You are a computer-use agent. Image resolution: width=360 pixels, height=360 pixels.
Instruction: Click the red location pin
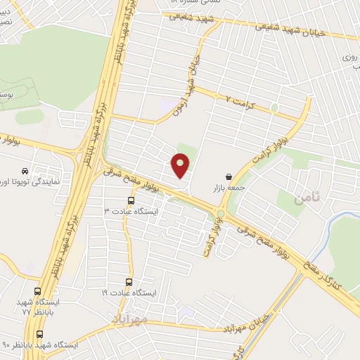pyautogui.click(x=181, y=166)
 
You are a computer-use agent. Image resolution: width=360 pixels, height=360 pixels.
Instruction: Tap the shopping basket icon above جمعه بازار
pyautogui.click(x=229, y=176)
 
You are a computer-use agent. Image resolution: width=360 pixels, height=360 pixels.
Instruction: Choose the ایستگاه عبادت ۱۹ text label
pyautogui.click(x=130, y=292)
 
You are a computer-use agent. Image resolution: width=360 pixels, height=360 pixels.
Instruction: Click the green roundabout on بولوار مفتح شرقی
pyautogui.click(x=221, y=214)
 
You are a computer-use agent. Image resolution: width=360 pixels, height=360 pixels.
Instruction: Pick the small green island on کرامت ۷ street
pyautogui.click(x=274, y=108)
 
